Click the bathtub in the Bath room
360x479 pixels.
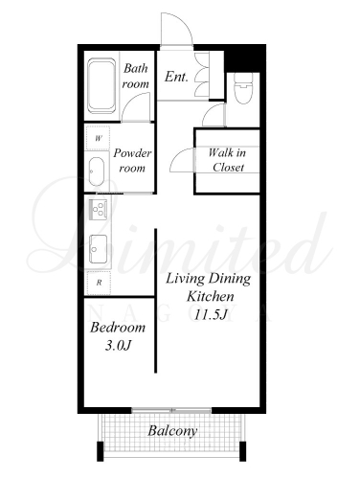coord(101,85)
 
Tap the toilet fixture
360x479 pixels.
coord(243,88)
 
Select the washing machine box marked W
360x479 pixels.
coord(99,138)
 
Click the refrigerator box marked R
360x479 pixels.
coord(99,283)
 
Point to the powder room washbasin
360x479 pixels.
coord(96,171)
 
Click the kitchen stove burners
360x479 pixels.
coord(98,209)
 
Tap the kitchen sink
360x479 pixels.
coord(98,249)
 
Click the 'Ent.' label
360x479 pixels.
coord(176,77)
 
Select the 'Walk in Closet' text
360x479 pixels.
coord(228,160)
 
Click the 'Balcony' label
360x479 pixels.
coord(172,431)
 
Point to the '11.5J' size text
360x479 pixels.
coord(211,315)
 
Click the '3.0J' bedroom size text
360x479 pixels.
coord(118,345)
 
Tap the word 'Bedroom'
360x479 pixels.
coord(118,328)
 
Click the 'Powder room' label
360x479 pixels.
coord(132,161)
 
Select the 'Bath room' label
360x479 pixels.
coord(136,76)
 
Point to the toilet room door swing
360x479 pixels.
coord(209,110)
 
